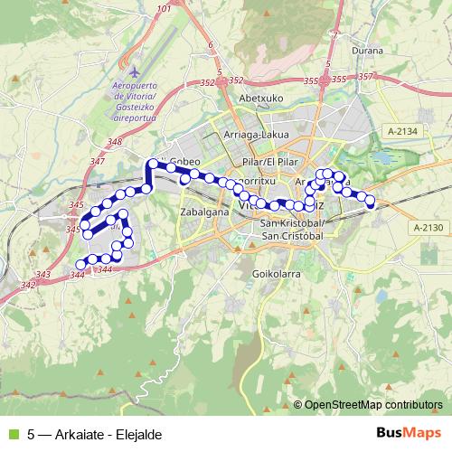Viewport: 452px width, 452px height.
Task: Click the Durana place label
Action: point(368,52)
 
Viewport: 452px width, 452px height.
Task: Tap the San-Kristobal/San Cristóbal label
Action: point(291,230)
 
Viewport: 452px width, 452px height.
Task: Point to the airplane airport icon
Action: point(135,71)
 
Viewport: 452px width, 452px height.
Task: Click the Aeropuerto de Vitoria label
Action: point(135,90)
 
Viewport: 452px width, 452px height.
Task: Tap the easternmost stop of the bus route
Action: point(370,203)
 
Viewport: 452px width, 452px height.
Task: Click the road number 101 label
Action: point(163,9)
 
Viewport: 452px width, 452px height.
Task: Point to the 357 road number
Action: point(365,76)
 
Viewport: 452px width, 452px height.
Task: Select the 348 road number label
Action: point(114,142)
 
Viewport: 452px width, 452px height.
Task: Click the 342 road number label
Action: point(28,286)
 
